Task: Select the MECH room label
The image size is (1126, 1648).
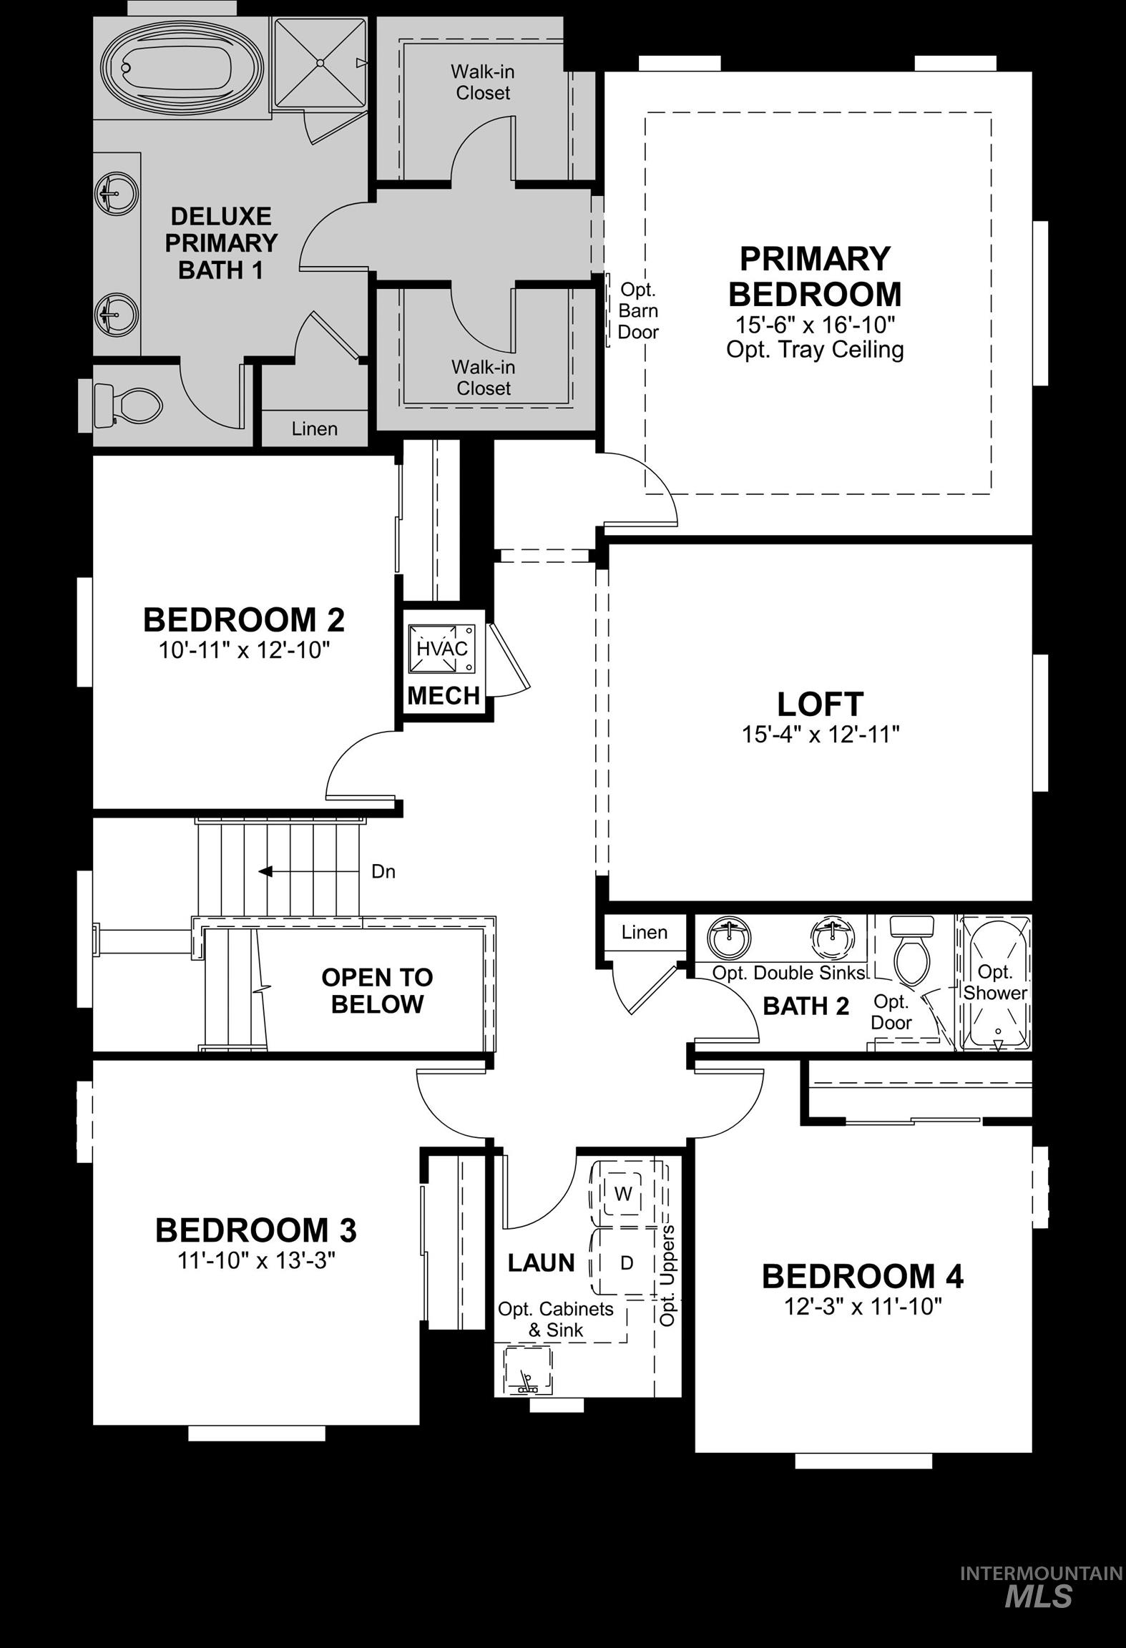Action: (x=443, y=695)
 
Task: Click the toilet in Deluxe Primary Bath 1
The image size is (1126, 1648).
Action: (x=129, y=406)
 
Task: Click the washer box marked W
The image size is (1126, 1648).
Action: (x=622, y=1194)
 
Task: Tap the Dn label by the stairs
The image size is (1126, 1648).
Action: (x=383, y=871)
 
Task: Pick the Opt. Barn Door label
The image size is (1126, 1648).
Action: (x=637, y=310)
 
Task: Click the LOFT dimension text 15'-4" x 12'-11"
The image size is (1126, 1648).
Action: (x=820, y=735)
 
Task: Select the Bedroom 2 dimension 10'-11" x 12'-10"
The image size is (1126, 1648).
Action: (x=243, y=650)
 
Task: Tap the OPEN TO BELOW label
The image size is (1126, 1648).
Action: (x=377, y=990)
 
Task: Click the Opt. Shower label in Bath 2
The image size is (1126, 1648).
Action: (x=994, y=981)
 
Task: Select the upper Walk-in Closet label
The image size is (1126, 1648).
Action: (x=482, y=82)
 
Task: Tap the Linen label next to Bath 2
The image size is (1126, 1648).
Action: (x=644, y=932)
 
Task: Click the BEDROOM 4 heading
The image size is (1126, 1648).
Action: (x=862, y=1276)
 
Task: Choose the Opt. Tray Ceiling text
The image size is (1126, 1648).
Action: (x=815, y=350)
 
